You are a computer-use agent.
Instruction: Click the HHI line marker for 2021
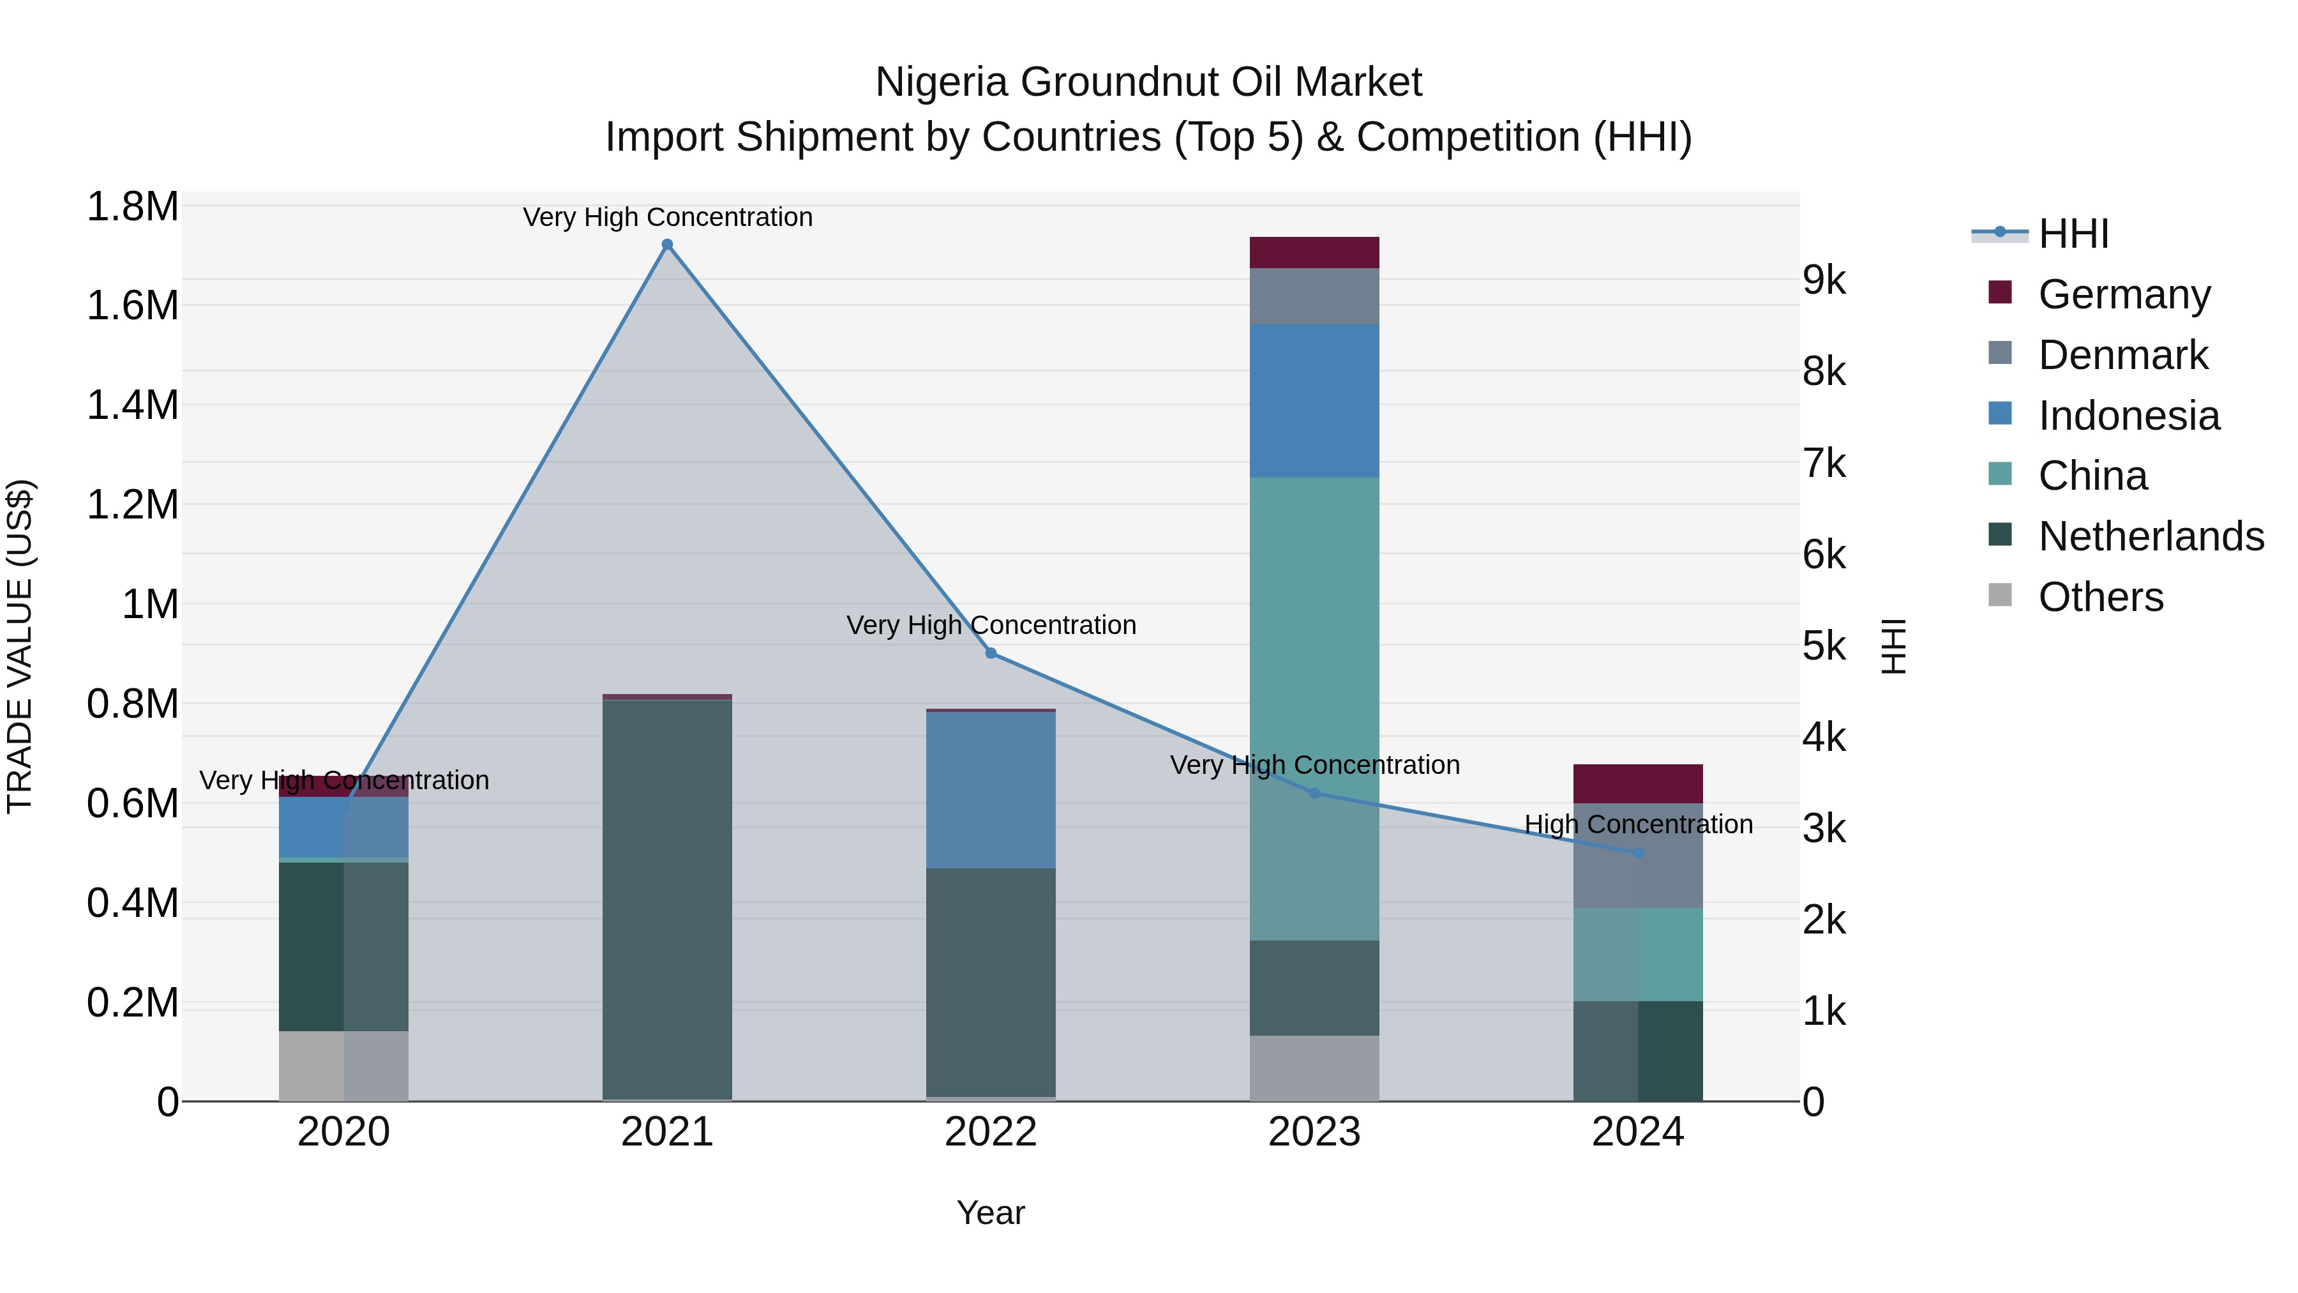click(x=667, y=245)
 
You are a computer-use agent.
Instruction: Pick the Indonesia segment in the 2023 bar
click(x=1314, y=402)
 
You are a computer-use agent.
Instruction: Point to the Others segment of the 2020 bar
click(x=343, y=1066)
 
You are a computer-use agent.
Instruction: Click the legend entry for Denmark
click(x=2122, y=355)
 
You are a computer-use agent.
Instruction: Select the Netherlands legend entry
click(x=2150, y=536)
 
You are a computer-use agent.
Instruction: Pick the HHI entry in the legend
click(x=2073, y=234)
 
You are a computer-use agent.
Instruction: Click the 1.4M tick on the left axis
click(x=132, y=405)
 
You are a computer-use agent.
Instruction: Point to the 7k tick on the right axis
click(x=1824, y=464)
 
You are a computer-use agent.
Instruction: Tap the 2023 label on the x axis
click(x=1314, y=1132)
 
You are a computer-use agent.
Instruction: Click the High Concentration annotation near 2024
click(x=1638, y=824)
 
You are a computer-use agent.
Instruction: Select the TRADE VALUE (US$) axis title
click(x=20, y=646)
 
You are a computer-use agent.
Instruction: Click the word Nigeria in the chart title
click(x=942, y=82)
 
